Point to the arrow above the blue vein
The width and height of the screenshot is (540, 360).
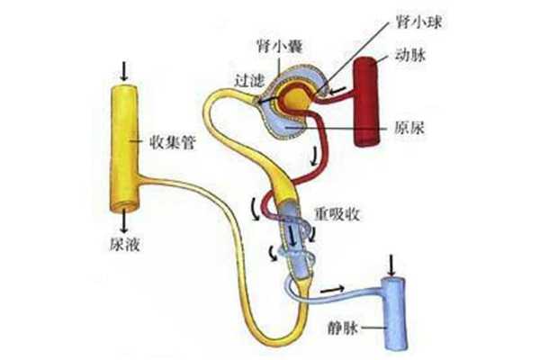point(392,264)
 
